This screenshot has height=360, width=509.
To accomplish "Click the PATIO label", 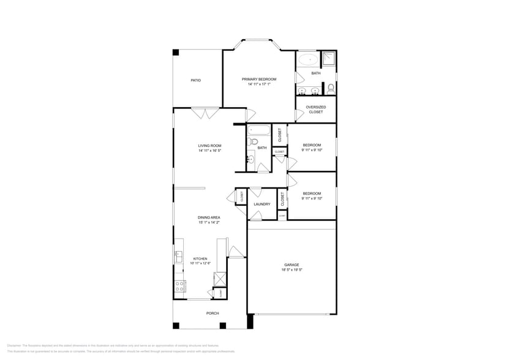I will [x=195, y=80].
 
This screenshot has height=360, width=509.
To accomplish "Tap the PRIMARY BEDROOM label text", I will [x=258, y=79].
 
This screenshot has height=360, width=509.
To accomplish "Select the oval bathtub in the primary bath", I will [x=308, y=60].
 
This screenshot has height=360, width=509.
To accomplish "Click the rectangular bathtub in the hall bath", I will [x=260, y=130].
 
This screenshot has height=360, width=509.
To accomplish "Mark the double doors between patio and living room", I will [x=205, y=113].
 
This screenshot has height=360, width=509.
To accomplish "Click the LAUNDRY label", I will [x=262, y=204].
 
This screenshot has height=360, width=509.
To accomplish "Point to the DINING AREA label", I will [x=209, y=217].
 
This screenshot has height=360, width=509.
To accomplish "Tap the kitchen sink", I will [x=178, y=257].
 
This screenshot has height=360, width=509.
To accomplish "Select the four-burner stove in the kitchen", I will [x=180, y=286].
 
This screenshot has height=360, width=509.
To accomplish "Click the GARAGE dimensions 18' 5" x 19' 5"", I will [x=292, y=270].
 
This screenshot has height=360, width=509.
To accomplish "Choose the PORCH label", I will [x=211, y=312].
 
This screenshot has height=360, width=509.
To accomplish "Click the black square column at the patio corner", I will [x=176, y=53].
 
